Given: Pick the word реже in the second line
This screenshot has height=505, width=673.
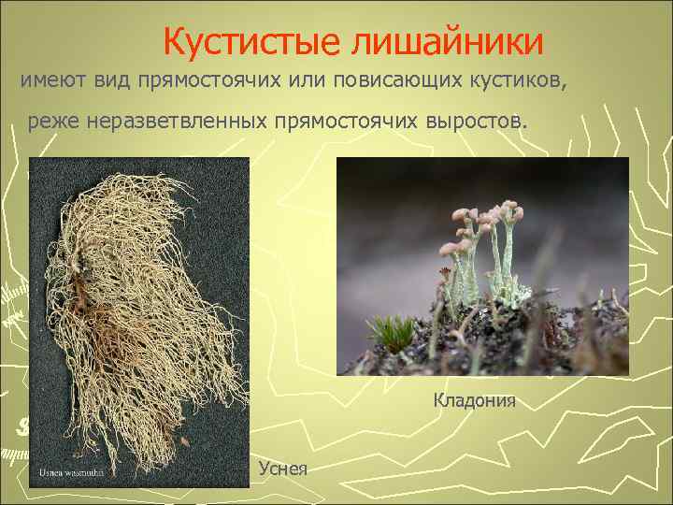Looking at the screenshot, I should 50,122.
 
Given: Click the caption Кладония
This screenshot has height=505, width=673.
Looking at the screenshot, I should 474,401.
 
